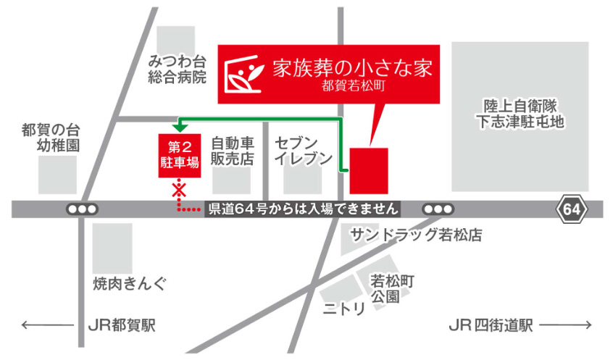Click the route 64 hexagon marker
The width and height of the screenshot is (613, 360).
tap(570, 209)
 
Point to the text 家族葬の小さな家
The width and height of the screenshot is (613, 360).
tap(352, 68)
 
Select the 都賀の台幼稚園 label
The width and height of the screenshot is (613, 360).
tap(51, 138)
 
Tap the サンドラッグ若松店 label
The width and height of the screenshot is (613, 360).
tap(416, 235)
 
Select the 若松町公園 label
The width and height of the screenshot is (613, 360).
tap(391, 288)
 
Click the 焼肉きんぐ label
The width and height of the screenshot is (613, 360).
tap(130, 282)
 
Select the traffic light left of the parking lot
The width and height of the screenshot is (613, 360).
tap(81, 209)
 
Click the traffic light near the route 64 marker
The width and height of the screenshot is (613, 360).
tap(438, 209)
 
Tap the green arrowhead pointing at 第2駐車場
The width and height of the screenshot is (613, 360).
tap(179, 127)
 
